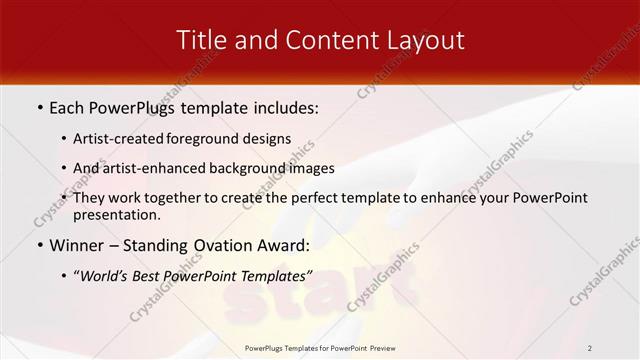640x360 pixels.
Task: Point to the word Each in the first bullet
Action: tap(68, 107)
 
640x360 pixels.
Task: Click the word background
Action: tap(245, 168)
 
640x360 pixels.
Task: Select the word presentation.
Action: tap(116, 214)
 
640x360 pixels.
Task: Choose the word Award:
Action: tap(288, 245)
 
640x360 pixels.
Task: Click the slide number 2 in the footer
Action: tap(589, 348)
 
